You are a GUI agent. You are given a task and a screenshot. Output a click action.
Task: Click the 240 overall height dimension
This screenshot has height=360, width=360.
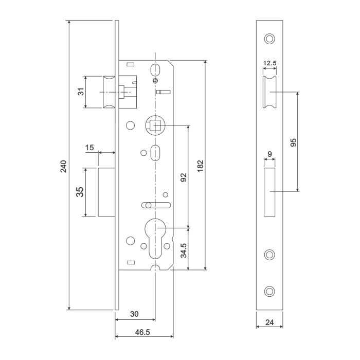click(63, 167)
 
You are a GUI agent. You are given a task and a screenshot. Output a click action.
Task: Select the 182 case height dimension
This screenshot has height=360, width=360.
click(201, 165)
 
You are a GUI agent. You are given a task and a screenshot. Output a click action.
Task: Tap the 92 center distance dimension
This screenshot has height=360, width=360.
click(184, 177)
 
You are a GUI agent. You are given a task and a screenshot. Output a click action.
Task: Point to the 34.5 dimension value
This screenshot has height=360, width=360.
click(184, 248)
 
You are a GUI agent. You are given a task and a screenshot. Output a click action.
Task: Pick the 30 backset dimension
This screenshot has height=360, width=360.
click(134, 314)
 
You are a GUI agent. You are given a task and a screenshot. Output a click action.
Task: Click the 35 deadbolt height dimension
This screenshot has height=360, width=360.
click(80, 192)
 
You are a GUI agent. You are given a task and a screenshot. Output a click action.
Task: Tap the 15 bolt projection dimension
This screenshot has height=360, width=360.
click(90, 148)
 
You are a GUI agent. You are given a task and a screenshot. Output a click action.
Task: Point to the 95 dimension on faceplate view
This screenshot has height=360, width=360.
click(293, 142)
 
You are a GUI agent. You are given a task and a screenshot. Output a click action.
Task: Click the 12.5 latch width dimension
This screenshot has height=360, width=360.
click(269, 64)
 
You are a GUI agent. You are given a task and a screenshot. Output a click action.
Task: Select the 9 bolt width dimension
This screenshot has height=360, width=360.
click(269, 154)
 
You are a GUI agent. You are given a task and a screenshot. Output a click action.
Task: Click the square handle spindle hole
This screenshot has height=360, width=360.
click(155, 124)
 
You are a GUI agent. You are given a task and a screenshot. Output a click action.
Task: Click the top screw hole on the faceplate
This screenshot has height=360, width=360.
click(269, 39)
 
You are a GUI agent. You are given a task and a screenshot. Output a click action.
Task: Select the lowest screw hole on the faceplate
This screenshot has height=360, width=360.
click(269, 291)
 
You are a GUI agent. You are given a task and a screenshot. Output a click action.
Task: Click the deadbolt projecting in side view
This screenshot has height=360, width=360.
click(106, 192)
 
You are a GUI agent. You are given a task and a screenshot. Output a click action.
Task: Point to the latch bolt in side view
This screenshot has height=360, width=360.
click(109, 92)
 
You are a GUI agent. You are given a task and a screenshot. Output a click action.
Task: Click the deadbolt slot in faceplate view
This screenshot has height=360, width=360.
click(269, 191)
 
